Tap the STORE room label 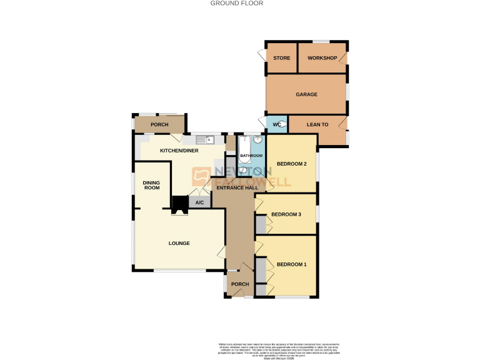pos(282,59)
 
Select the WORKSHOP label pos(322,59)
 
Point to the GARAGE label pos(306,95)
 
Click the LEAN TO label pos(317,125)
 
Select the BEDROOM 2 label pos(292,164)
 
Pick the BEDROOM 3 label pos(286,214)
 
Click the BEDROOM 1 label pos(292,264)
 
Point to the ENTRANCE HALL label pos(237,187)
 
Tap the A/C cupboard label pos(199,202)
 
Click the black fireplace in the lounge pos(180,204)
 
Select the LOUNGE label pos(179,243)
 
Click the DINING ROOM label pos(152,184)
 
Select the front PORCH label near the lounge pos(240,284)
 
